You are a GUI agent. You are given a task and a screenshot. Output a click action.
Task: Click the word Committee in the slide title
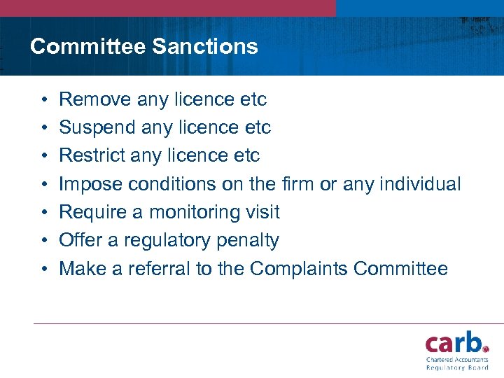pyautogui.click(x=87, y=47)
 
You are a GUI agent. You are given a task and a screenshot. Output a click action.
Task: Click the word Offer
pyautogui.click(x=78, y=240)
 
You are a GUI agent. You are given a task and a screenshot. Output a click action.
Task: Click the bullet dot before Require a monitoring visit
pyautogui.click(x=43, y=213)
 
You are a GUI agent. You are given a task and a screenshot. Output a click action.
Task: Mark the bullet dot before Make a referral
pyautogui.click(x=43, y=269)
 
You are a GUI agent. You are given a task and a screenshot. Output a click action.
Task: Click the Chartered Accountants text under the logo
pyautogui.click(x=457, y=359)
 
